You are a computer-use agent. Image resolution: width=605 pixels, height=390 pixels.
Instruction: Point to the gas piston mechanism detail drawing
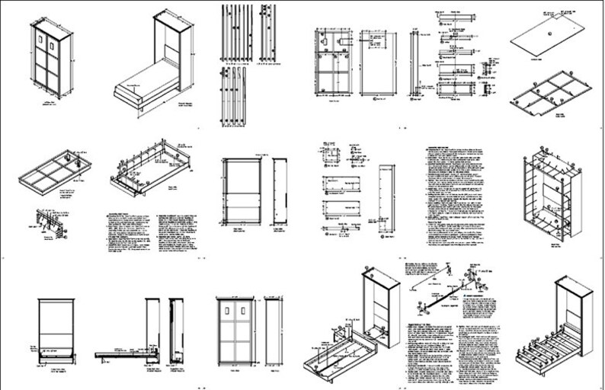coord(442,289)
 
